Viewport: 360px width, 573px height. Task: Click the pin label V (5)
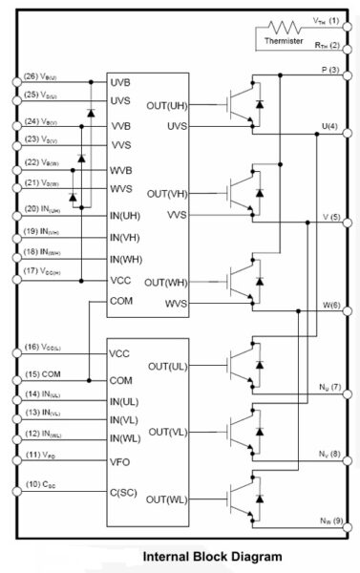(x=330, y=217)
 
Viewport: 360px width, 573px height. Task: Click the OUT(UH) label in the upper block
(x=167, y=105)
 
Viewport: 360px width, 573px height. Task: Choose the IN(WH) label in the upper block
(x=127, y=259)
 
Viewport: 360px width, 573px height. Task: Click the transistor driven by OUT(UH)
(x=242, y=104)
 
